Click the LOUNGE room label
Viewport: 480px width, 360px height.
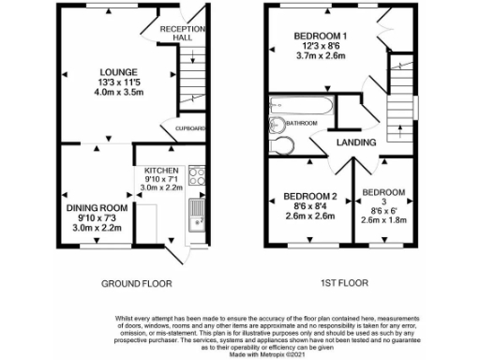coord(121,71)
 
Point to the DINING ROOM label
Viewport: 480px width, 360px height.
coord(96,207)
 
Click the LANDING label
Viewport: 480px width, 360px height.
coord(357,142)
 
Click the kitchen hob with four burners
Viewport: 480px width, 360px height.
coord(196,174)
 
